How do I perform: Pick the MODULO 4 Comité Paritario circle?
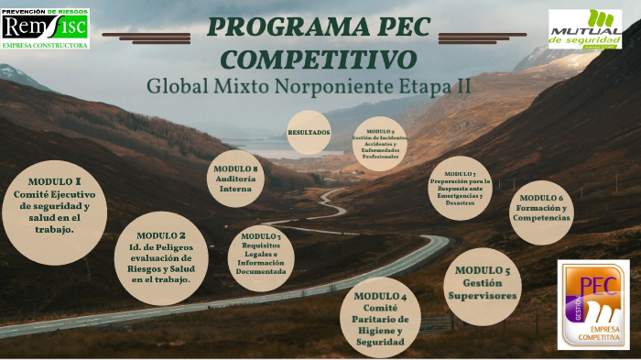coord(379,318)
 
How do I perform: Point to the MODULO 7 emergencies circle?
coord(460,189)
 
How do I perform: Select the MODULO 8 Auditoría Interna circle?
coord(235,178)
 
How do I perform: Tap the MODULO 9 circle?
coord(380,145)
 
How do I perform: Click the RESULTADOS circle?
coord(309,133)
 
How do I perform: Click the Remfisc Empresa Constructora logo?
coord(45,27)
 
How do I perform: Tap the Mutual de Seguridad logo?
coord(584,29)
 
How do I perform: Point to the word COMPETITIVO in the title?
coord(320,60)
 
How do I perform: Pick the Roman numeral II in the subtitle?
coord(463,88)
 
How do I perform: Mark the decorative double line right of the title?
coord(485,38)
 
